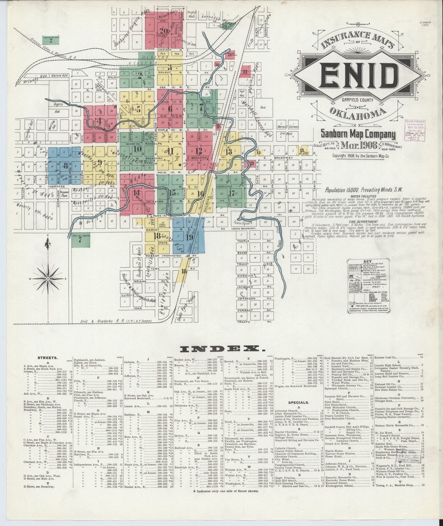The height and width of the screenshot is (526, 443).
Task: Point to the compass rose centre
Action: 52,278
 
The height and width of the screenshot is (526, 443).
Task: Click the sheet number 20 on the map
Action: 164,30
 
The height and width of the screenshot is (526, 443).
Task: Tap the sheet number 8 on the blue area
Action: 65,166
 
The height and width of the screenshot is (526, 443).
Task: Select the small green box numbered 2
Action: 51,41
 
